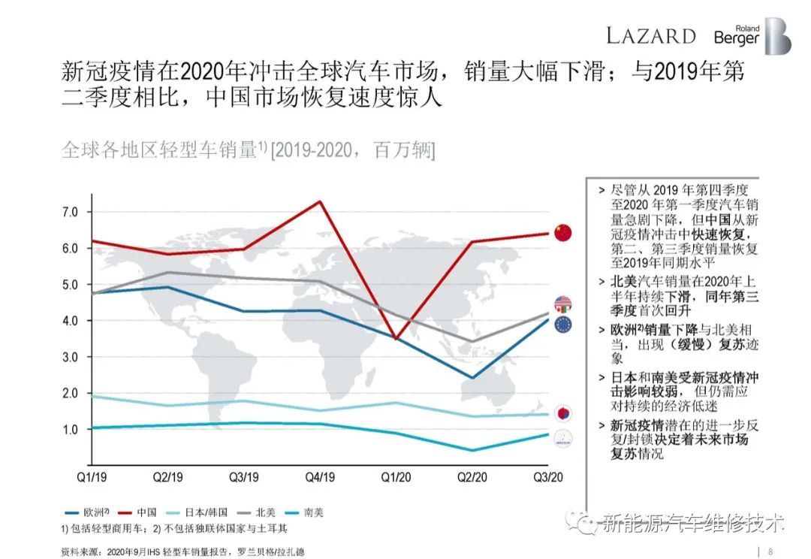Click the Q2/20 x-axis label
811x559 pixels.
tap(471, 477)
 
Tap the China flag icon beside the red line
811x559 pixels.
tap(562, 232)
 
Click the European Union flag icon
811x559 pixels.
tap(562, 325)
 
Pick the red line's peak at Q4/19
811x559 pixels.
tap(321, 201)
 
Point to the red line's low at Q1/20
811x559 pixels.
tap(396, 339)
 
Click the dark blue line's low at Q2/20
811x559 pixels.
tap(471, 378)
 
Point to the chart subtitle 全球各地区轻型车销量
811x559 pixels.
tap(159, 150)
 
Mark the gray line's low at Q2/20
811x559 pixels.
tap(471, 341)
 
